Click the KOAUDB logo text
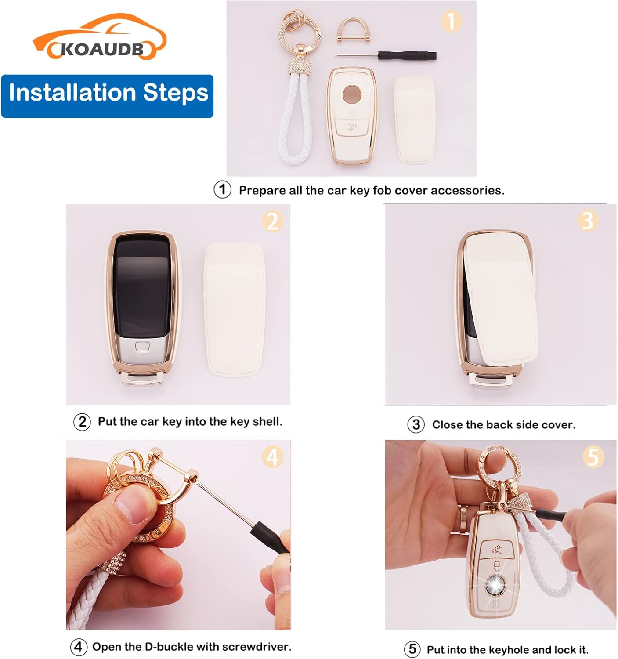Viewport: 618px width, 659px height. (x=102, y=50)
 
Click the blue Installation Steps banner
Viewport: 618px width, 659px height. (x=107, y=96)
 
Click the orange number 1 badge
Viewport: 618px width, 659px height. (x=451, y=21)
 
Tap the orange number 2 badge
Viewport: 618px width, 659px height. (x=272, y=221)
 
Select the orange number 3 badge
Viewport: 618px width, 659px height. (x=588, y=221)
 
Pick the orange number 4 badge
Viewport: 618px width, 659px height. (x=272, y=457)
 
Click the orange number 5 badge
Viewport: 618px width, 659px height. (x=593, y=457)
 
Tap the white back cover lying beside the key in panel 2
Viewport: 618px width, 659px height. (x=235, y=310)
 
